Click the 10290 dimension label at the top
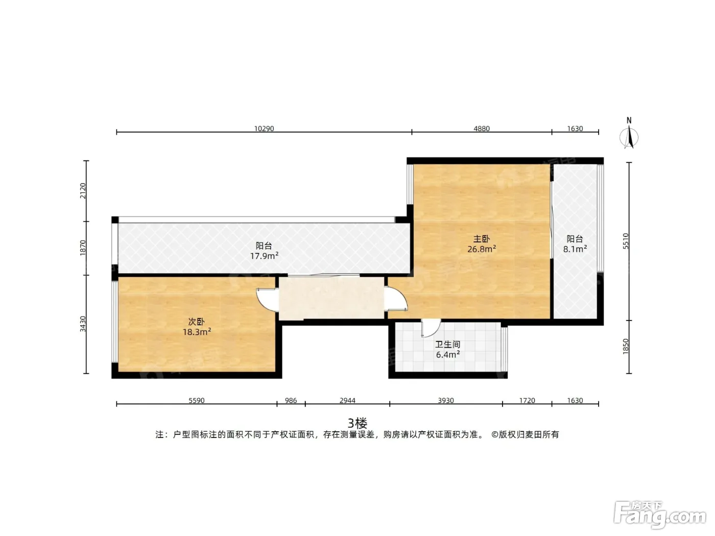pos(264,129)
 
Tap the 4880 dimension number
pos(482,129)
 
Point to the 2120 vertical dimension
pos(83,191)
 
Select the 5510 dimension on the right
pos(626,241)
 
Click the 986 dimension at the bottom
pos(291,400)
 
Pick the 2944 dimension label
pos(347,400)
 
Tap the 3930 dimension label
pos(446,400)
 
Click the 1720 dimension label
pos(527,400)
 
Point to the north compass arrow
pos(629,137)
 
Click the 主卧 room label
pos(482,239)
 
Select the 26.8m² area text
pos(482,249)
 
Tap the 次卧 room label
pos(197,322)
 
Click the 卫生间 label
pos(447,344)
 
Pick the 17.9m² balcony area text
pos(264,256)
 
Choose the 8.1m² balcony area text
pos(575,249)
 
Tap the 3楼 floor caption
pos(357,423)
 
